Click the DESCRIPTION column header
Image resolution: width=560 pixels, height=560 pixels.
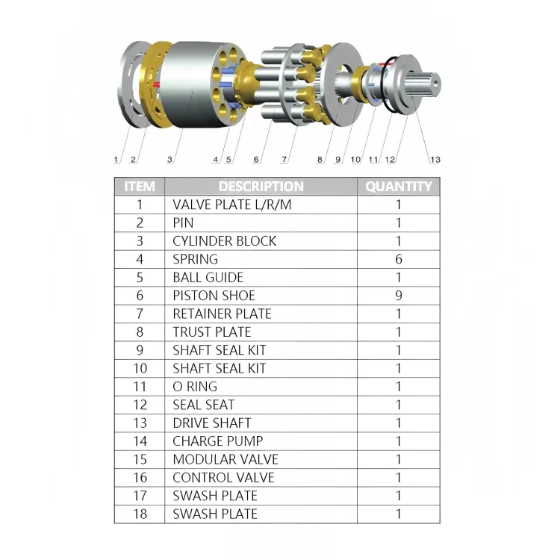[x=261, y=187]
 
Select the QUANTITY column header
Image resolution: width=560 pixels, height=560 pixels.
[x=399, y=187]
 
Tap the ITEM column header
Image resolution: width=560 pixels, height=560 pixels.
[x=140, y=187]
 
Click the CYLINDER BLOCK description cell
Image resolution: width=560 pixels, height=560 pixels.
[x=224, y=241]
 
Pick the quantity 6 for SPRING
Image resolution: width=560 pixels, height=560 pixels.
[x=399, y=259]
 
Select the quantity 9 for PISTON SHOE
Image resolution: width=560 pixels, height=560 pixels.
[x=399, y=296]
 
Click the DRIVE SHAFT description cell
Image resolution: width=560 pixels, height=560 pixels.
[x=212, y=423]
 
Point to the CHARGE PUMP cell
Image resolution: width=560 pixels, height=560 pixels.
[x=218, y=441]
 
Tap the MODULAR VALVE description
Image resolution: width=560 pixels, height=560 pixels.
[x=225, y=459]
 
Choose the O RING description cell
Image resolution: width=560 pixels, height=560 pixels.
[x=195, y=387]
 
